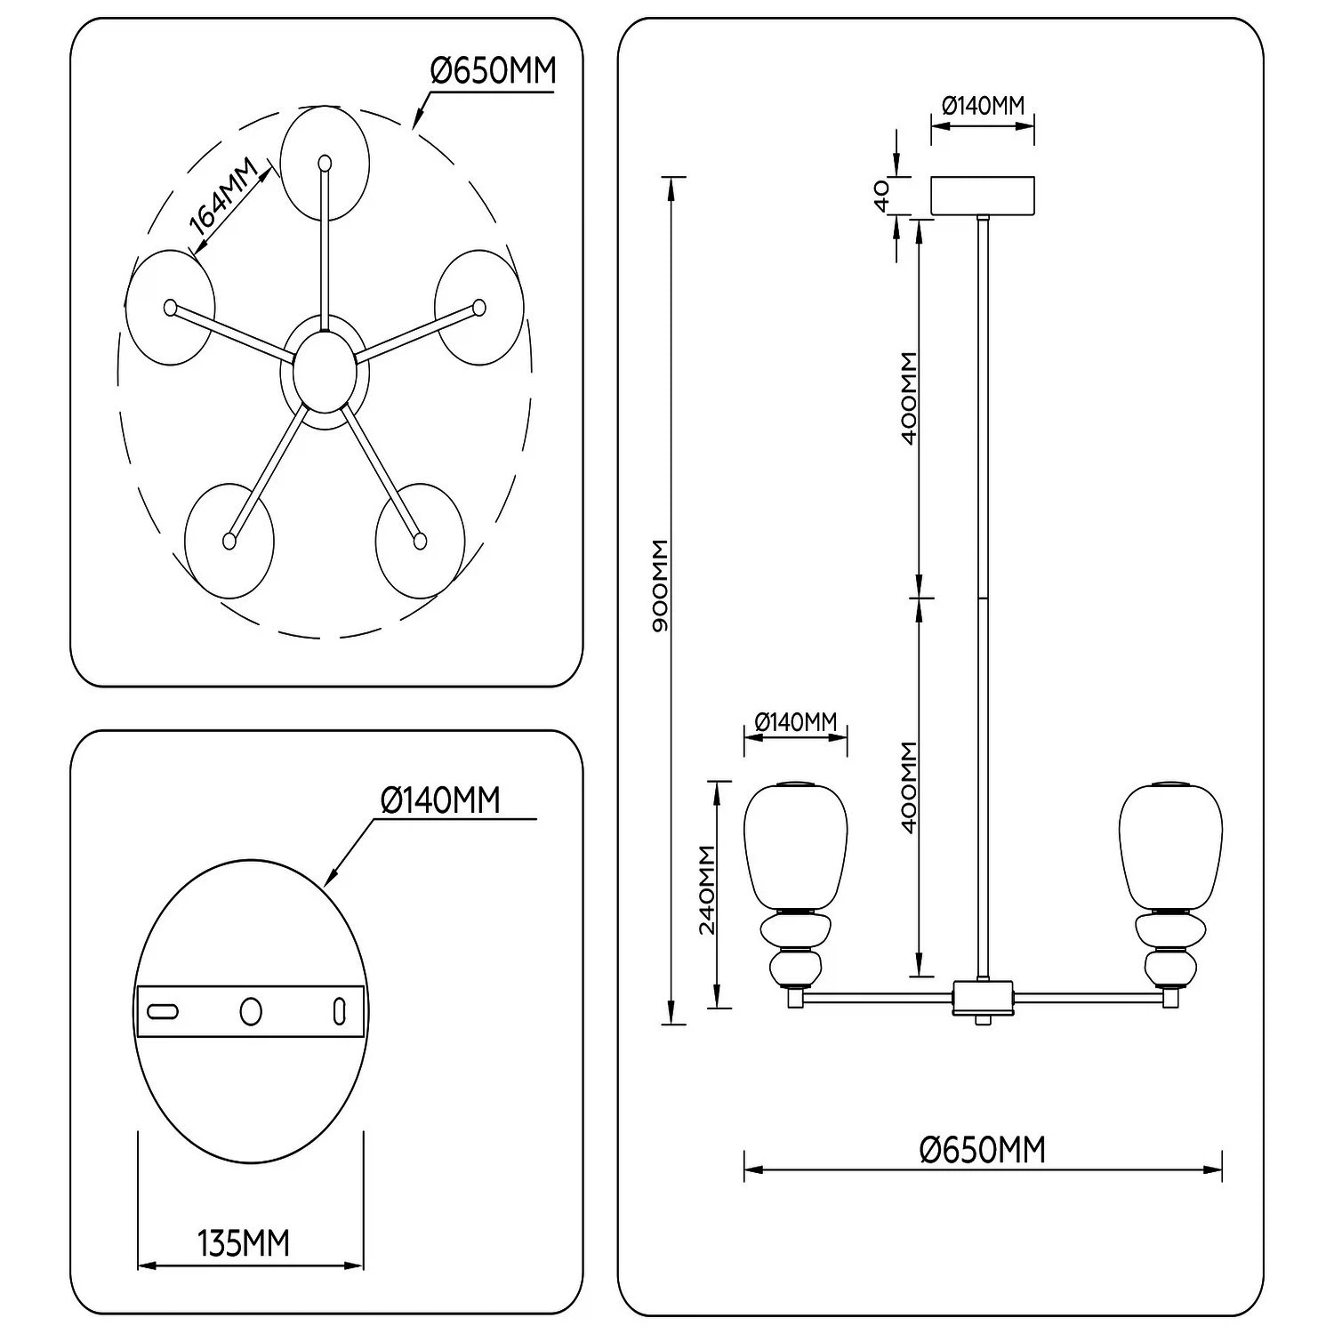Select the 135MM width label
(244, 1243)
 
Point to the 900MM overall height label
(660, 586)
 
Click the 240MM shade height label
(707, 889)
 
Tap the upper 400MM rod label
(908, 398)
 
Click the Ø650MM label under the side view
(983, 1150)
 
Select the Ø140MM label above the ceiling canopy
(983, 106)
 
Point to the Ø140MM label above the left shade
(796, 722)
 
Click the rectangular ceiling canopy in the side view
(983, 196)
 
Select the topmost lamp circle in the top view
(325, 164)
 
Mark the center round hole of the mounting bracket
(251, 1011)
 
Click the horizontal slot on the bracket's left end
(163, 1011)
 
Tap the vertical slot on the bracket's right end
(338, 1011)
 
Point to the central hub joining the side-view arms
(983, 999)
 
